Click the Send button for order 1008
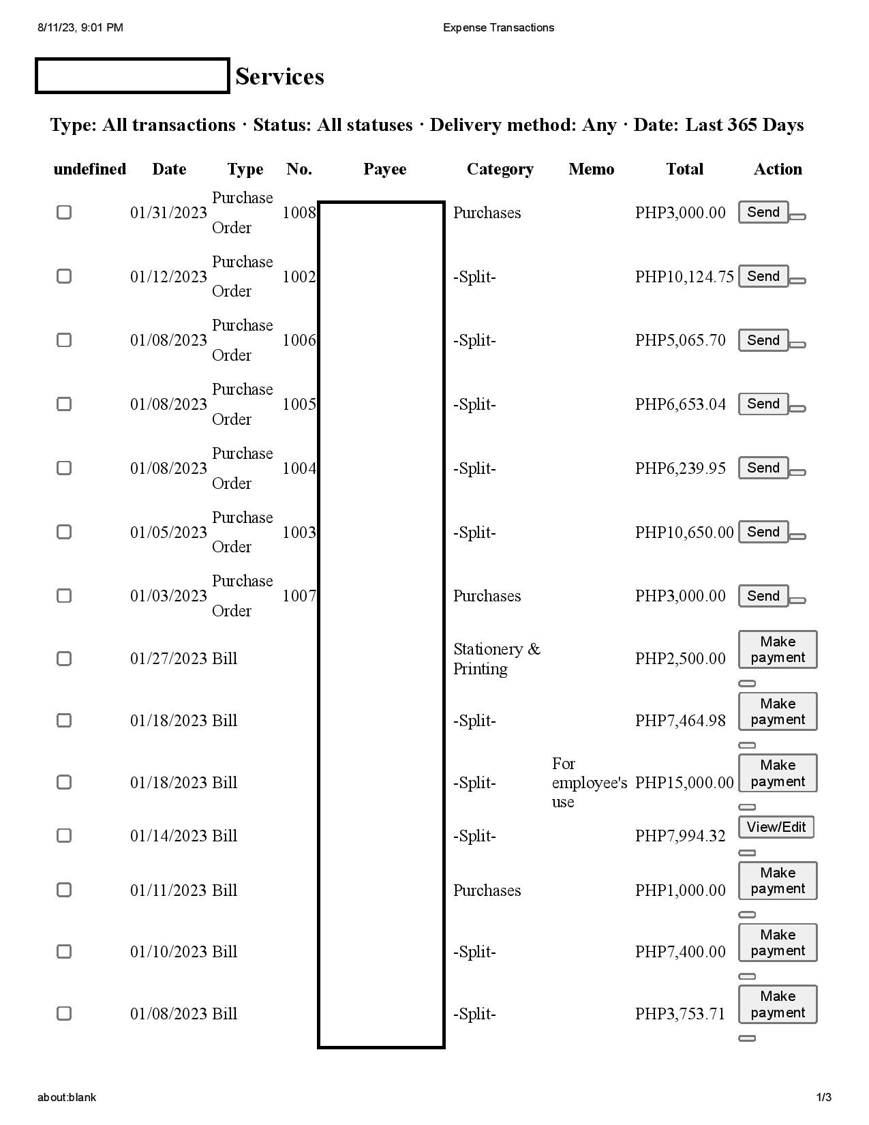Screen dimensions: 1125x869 (763, 212)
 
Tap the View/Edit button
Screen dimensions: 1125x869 (776, 827)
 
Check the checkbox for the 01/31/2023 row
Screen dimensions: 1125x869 (64, 212)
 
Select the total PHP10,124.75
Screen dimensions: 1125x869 (684, 277)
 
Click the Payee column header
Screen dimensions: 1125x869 (384, 169)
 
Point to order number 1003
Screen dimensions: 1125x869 (299, 532)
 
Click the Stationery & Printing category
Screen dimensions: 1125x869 (496, 659)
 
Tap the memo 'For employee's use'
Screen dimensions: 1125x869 (589, 782)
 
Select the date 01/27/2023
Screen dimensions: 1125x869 (168, 659)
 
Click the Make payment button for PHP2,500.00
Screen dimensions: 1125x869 (777, 649)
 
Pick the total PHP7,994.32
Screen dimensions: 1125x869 (680, 836)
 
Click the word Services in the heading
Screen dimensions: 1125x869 (279, 76)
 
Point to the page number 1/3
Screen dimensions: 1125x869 (824, 1097)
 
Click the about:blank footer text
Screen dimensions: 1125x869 (67, 1097)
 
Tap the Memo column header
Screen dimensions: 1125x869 (591, 169)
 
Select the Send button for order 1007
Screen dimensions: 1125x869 (763, 596)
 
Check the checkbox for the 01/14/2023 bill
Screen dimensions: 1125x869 (64, 835)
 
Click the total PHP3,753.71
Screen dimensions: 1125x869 (680, 1014)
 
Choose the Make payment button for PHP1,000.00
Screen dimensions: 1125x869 (777, 880)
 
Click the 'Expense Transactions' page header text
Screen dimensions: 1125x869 (498, 27)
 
